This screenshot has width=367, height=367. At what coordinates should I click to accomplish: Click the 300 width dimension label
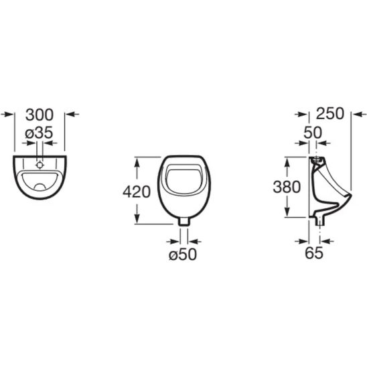[x=40, y=115]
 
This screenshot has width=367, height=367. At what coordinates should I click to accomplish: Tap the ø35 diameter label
[x=39, y=133]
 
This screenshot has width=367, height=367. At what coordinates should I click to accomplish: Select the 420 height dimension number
[x=137, y=192]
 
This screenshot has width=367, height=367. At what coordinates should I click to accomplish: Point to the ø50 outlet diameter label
[x=183, y=254]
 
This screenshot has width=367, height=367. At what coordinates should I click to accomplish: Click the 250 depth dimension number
[x=330, y=114]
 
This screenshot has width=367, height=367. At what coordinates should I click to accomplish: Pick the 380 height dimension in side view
[x=287, y=187]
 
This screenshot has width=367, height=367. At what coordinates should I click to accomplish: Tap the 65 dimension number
[x=314, y=252]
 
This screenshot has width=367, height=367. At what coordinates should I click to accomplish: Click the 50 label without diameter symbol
[x=313, y=133]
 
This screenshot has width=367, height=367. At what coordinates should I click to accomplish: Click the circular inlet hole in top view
[x=40, y=165]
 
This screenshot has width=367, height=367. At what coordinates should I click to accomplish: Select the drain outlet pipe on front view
[x=183, y=221]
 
